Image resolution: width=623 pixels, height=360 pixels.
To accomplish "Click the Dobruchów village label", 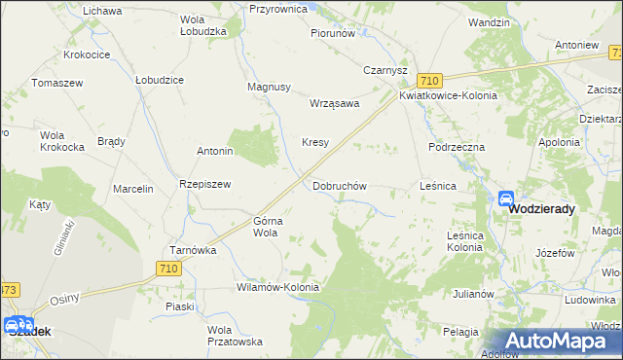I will [339, 185].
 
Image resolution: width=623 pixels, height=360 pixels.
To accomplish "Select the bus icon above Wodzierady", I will [506, 198].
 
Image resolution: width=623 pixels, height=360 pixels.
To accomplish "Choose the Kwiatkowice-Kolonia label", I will [448, 96].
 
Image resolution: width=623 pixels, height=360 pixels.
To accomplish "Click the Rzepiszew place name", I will [203, 184].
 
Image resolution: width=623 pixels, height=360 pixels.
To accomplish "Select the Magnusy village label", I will [270, 87].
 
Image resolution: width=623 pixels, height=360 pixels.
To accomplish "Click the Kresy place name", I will [314, 142].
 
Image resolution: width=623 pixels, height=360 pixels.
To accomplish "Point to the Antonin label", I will [214, 152].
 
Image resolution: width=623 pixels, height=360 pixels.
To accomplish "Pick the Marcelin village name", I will [133, 189].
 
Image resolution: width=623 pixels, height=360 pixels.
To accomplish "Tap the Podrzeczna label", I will [457, 146].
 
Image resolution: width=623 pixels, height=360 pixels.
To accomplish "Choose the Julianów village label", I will [473, 293].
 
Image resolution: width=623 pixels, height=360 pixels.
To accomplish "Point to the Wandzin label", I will [489, 21].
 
